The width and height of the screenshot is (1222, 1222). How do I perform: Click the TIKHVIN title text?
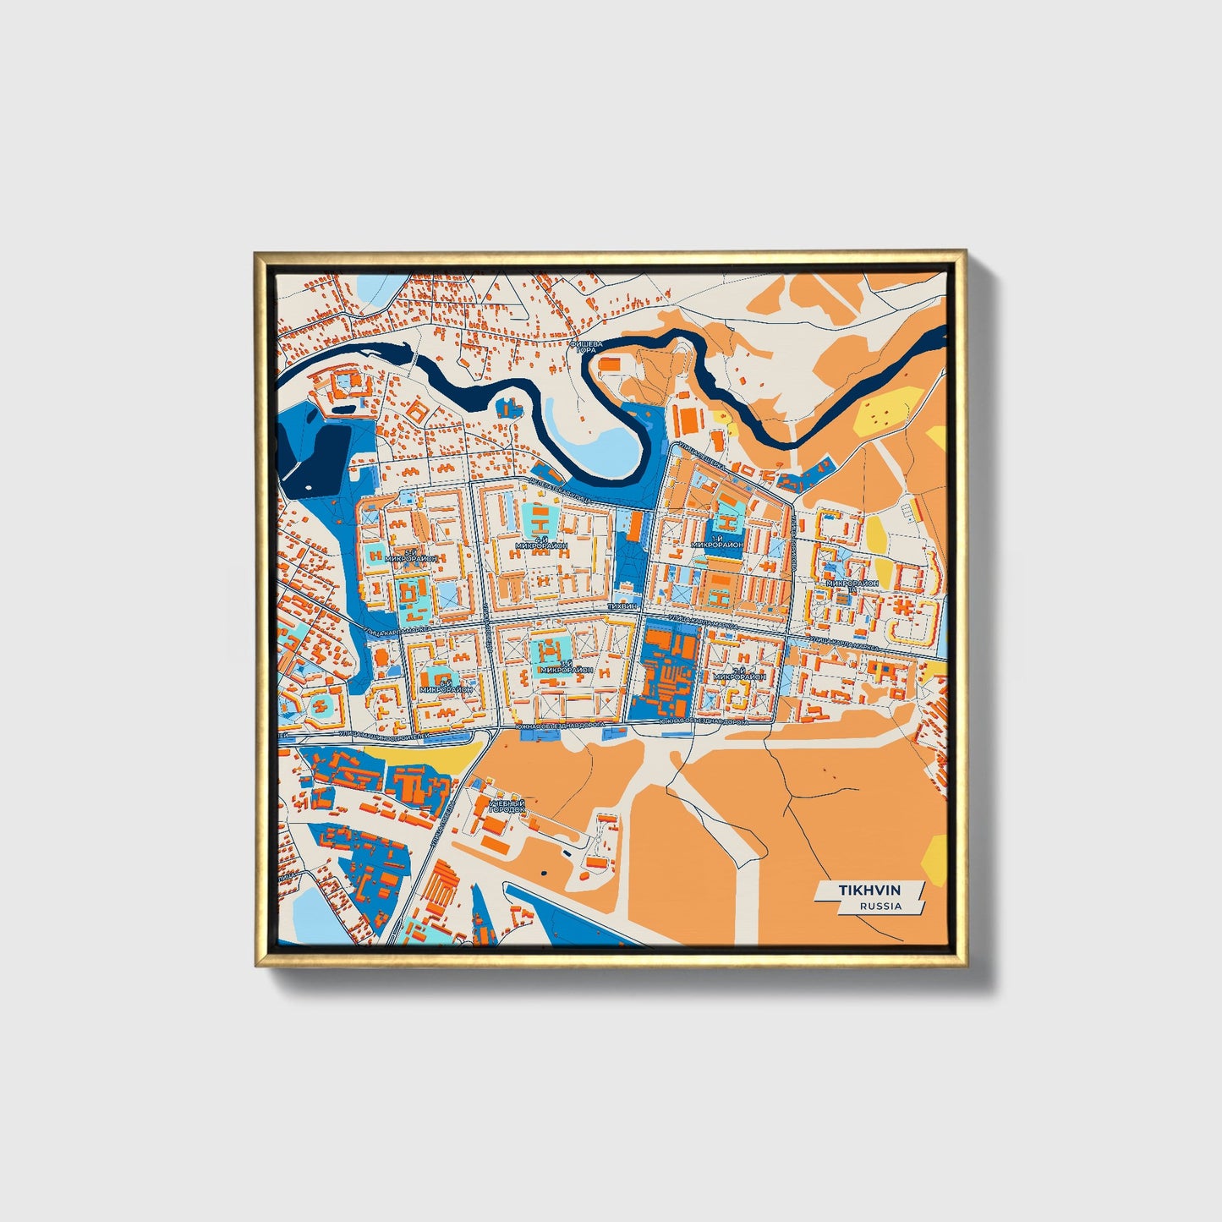[870, 891]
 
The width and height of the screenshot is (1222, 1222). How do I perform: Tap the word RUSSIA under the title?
[880, 906]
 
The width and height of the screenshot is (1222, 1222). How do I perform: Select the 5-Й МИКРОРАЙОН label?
[409, 556]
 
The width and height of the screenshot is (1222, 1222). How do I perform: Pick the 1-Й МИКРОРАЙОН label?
[717, 542]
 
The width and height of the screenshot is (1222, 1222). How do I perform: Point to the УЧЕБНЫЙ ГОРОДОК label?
[506, 806]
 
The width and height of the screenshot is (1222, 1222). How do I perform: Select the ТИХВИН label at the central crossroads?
[622, 607]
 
